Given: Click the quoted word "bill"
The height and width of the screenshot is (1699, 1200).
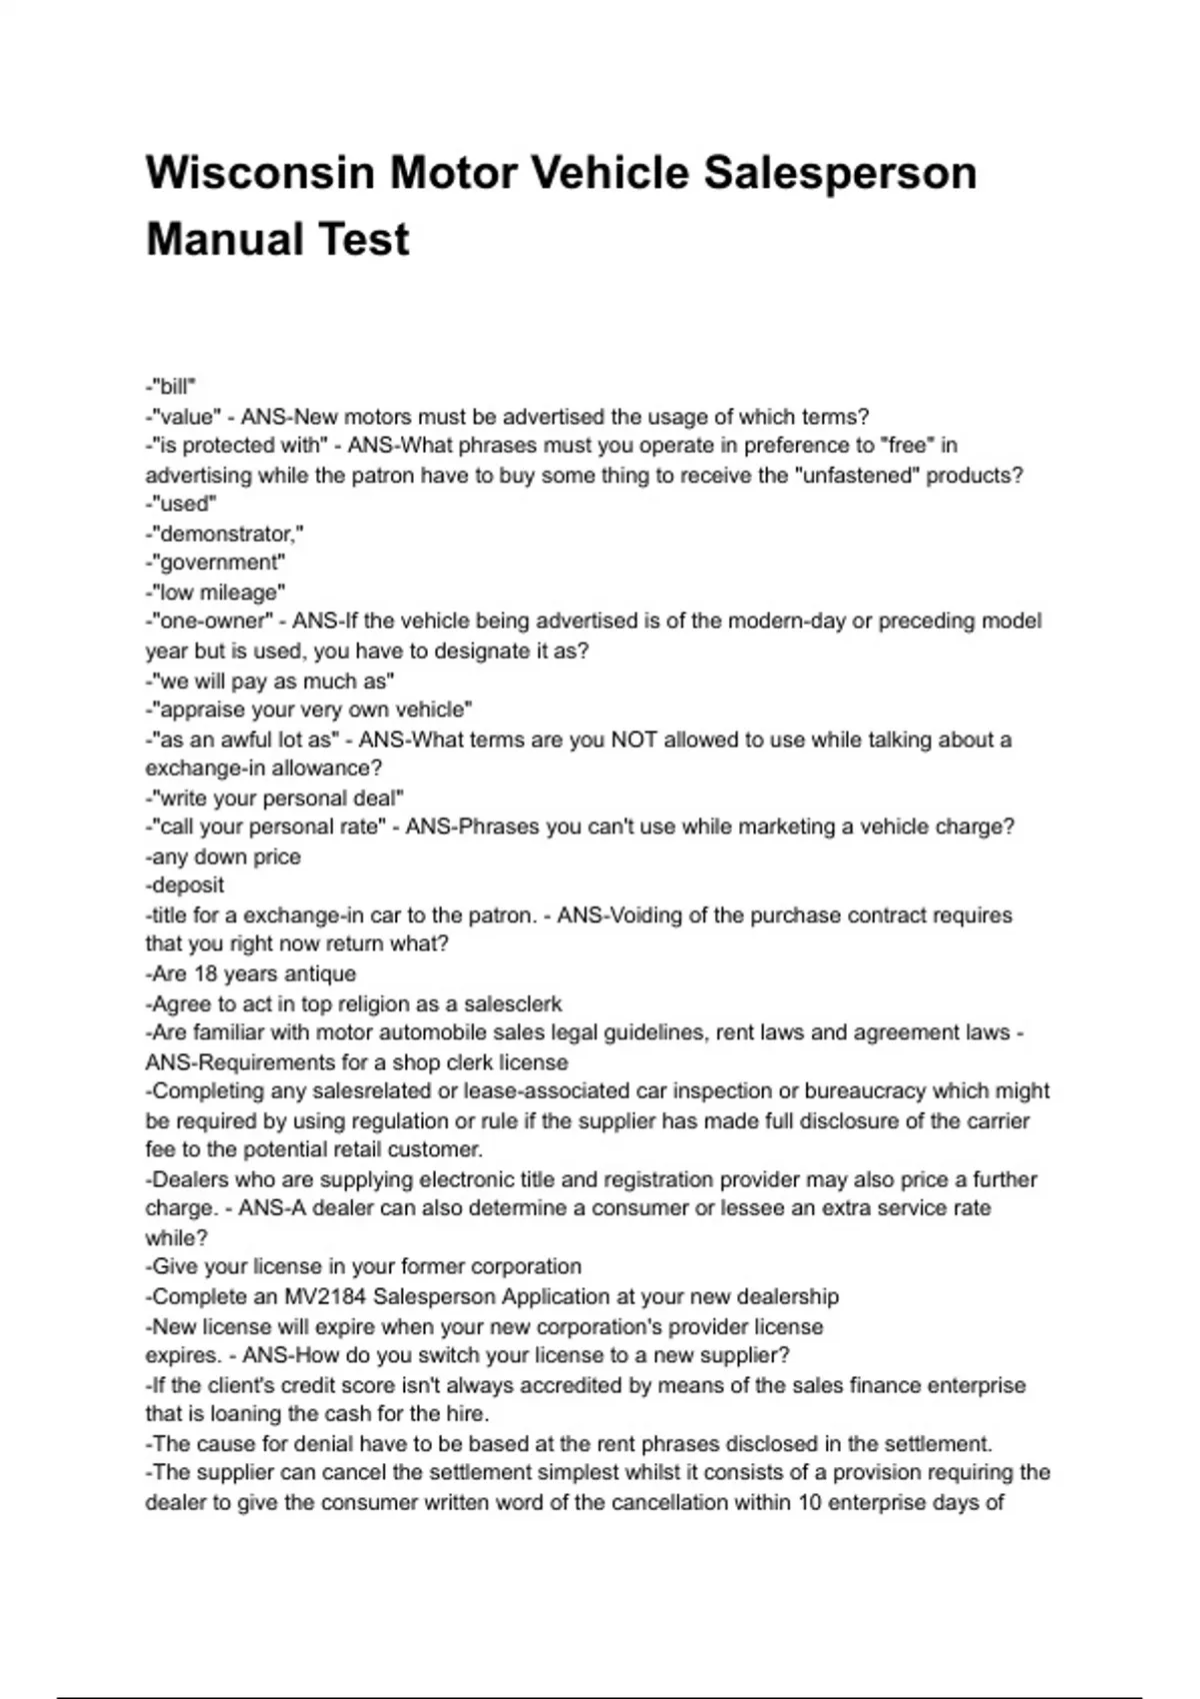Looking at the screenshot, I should point(174,387).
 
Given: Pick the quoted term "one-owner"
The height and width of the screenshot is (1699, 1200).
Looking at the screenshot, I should point(213,622).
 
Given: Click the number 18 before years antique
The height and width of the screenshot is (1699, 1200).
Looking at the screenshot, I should point(206,973).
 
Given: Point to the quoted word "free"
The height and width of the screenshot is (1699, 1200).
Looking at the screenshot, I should point(907,446).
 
